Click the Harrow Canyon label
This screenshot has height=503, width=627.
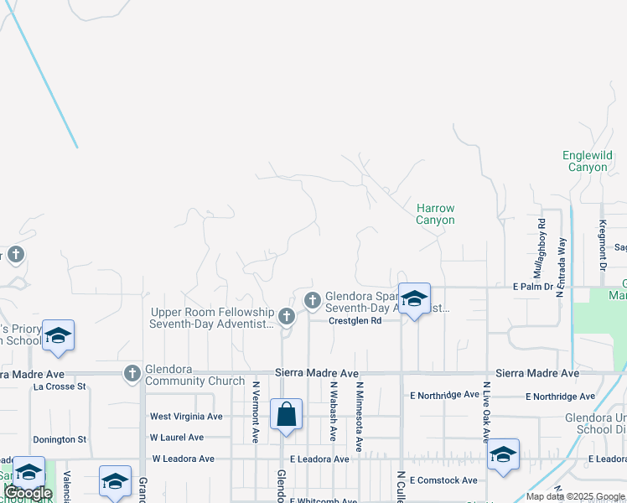point(435,214)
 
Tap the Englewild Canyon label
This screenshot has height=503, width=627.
point(588,161)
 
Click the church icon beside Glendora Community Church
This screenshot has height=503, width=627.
point(132,373)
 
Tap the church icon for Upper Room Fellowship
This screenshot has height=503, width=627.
point(287,316)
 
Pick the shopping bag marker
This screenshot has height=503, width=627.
point(286,415)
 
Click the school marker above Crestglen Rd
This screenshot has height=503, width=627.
point(414,299)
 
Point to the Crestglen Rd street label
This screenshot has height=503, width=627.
point(355,320)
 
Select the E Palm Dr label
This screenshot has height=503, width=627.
point(533,287)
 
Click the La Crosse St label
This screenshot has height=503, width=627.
point(60,386)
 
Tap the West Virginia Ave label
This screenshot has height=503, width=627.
point(186,416)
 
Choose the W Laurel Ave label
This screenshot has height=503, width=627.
point(177,438)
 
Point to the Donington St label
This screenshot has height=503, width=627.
point(60,439)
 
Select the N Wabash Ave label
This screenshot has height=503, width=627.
point(333,412)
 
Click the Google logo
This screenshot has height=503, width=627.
point(28,493)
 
